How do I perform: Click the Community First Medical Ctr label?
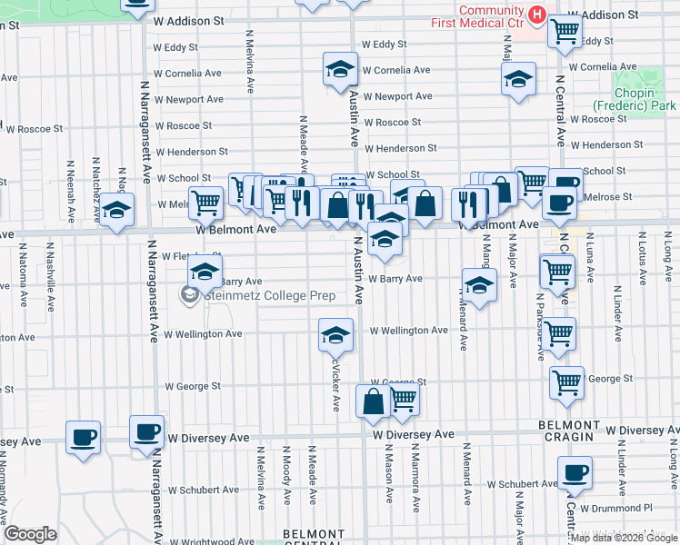point(492,17)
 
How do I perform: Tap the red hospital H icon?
point(536,15)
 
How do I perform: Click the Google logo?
point(30,534)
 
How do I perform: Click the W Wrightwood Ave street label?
point(201,541)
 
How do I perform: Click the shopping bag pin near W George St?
point(373,401)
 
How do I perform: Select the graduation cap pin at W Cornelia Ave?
point(339,70)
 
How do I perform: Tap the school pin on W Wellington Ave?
point(335,335)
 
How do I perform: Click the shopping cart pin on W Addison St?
point(565,31)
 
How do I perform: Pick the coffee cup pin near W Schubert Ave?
point(575,472)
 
